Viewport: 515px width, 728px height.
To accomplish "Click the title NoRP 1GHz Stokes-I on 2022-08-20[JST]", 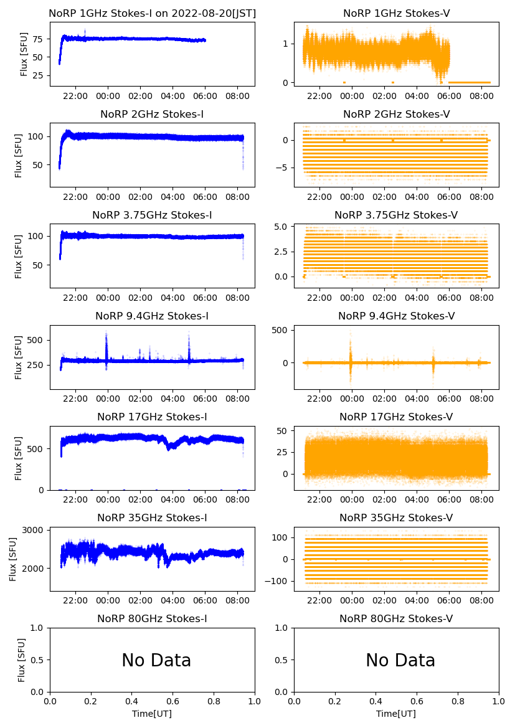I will [x=152, y=13].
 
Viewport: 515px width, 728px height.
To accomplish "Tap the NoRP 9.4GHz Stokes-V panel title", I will [x=396, y=316].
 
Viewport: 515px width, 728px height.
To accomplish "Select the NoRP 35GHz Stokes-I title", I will [x=152, y=518].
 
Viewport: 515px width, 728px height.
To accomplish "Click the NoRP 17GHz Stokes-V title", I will [x=396, y=417].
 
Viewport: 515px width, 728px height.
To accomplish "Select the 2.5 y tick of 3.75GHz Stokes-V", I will [x=283, y=252].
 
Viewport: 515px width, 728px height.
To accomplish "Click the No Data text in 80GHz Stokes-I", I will [x=156, y=661].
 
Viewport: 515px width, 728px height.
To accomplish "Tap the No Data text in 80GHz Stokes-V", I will [x=400, y=661].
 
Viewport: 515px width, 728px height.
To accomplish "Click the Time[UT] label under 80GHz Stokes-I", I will [x=152, y=714].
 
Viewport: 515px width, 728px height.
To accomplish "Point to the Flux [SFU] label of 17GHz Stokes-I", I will [x=19, y=458].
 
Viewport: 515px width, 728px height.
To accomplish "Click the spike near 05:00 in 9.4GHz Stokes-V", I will [x=433, y=361].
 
